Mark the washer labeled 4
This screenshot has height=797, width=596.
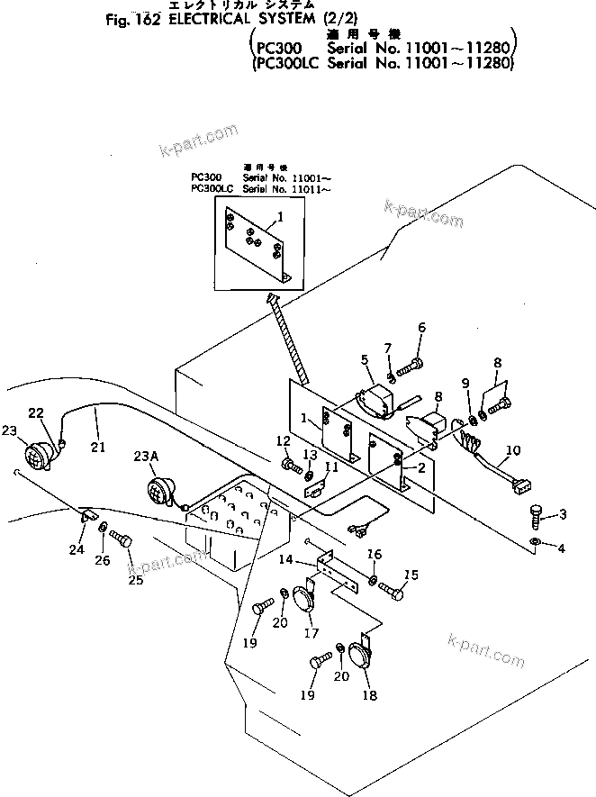[x=537, y=543]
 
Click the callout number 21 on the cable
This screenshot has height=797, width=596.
[x=96, y=445]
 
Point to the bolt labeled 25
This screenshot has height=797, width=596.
[x=121, y=542]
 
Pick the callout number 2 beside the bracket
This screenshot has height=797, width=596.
[x=420, y=467]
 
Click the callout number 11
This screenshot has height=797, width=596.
[x=331, y=466]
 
